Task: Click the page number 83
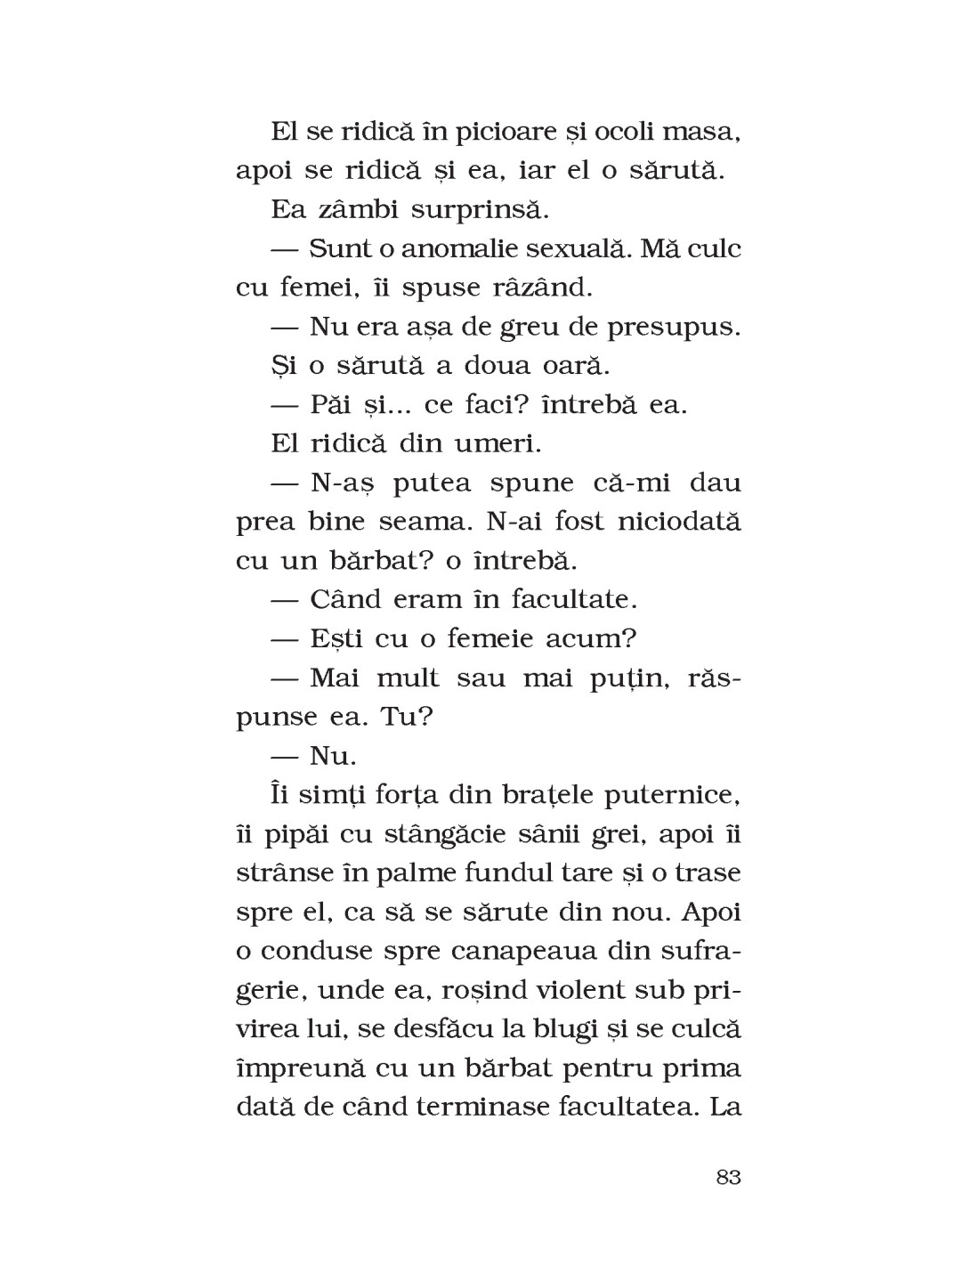click(727, 1177)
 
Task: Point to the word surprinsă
click(475, 210)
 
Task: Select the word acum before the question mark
click(595, 638)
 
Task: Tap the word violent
click(569, 989)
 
